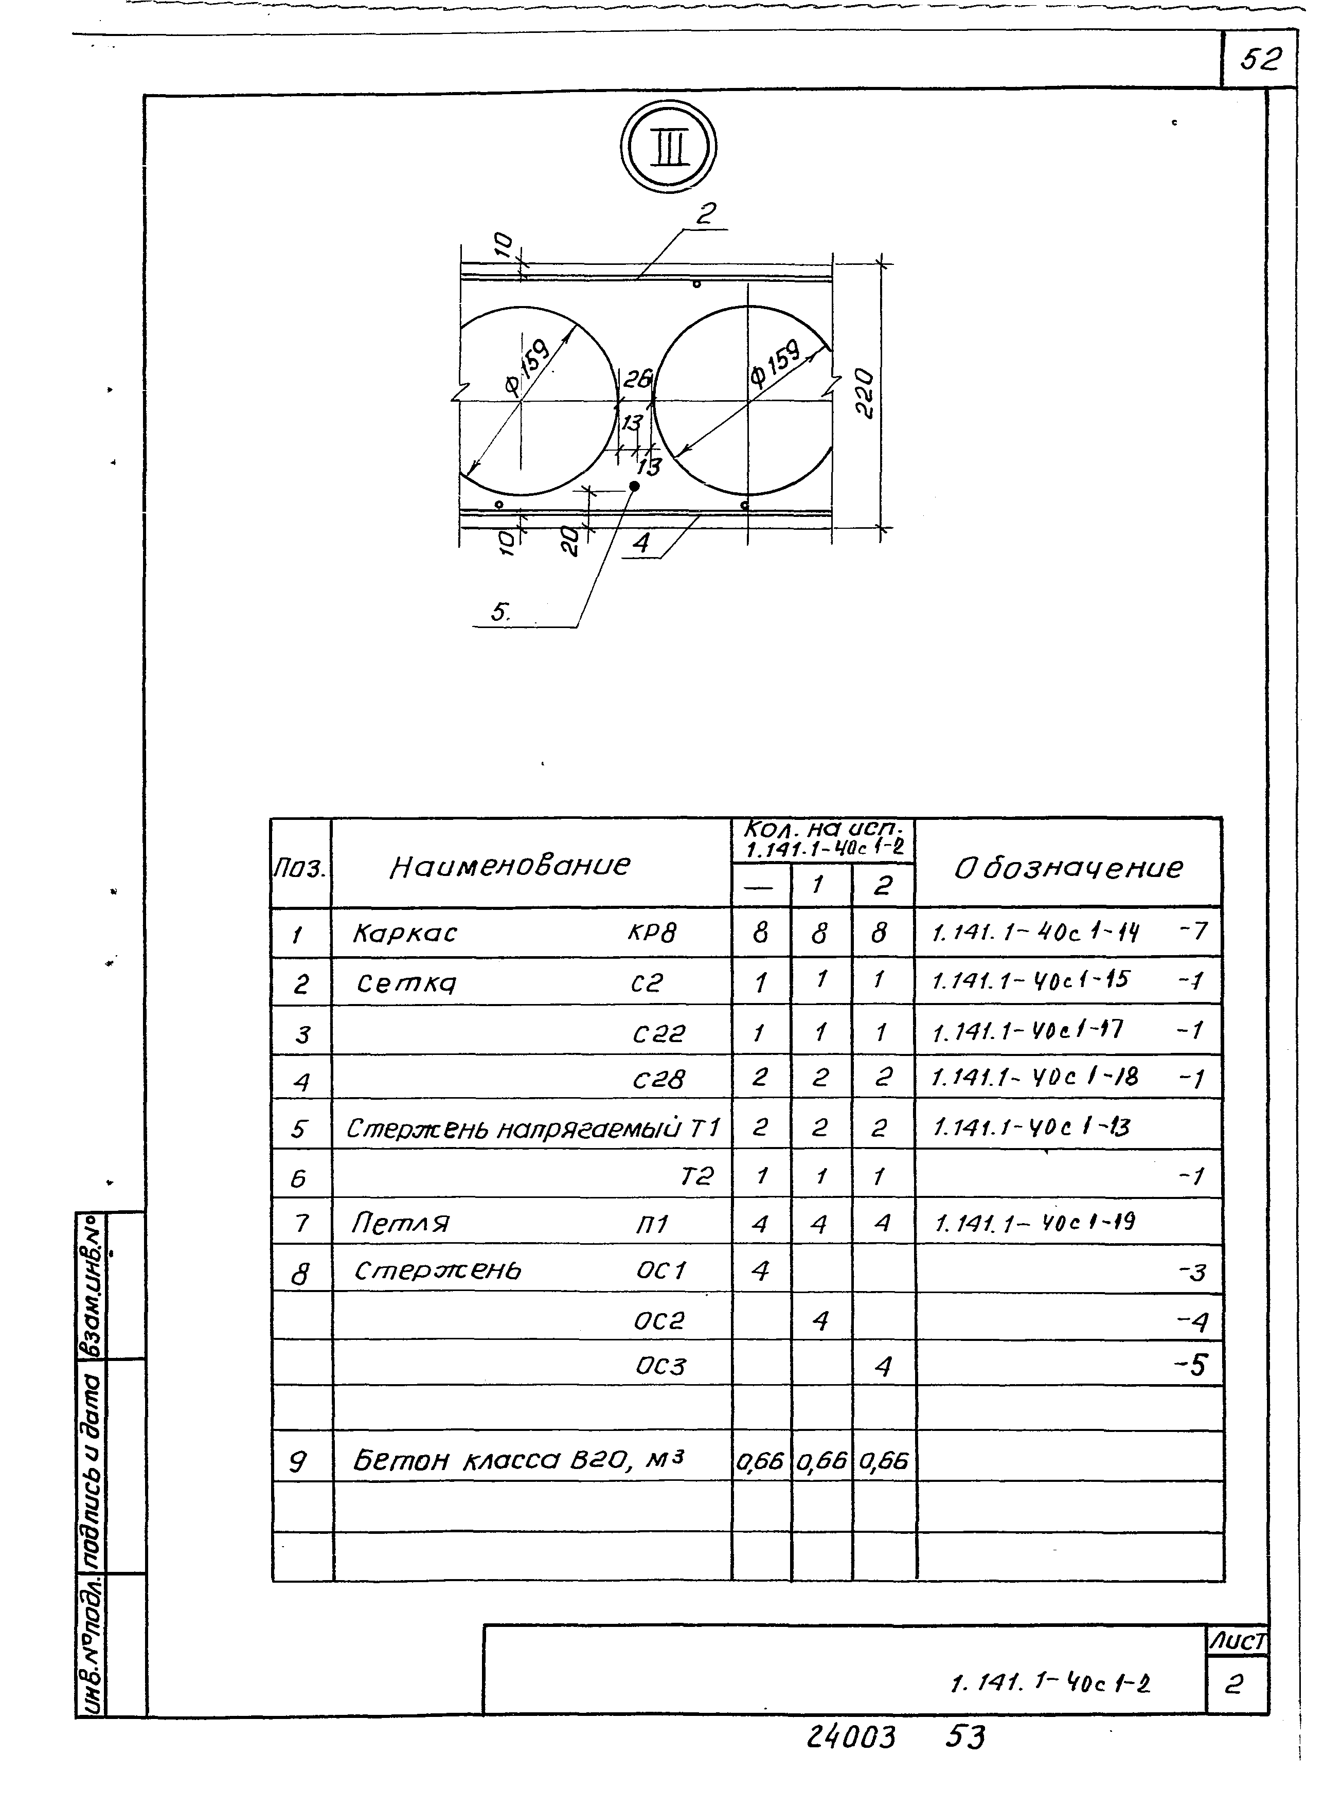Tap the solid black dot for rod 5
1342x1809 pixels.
pos(634,486)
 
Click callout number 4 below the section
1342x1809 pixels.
pos(642,543)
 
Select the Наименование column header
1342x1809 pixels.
pos(509,866)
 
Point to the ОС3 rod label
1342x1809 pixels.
pos(659,1366)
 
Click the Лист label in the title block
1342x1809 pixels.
pos(1237,1642)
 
